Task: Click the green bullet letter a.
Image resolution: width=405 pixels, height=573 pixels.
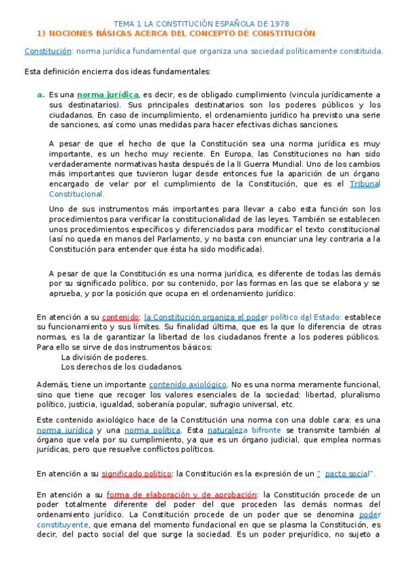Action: pos(41,95)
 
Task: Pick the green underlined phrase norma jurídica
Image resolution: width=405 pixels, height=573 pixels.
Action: pos(108,95)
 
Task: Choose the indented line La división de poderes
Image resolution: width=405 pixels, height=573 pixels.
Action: pos(104,357)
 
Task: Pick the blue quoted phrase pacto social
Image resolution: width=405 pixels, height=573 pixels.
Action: pos(347,474)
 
